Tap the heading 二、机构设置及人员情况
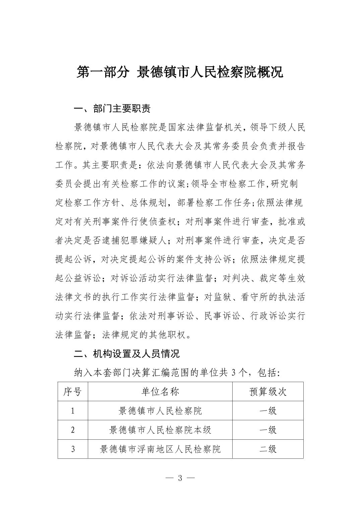click(127, 353)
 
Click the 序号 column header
click(72, 391)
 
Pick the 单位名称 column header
click(160, 391)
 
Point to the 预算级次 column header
click(268, 391)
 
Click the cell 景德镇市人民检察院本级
click(160, 430)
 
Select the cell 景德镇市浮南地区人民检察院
click(160, 449)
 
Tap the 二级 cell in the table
click(268, 449)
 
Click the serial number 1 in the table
click(72, 411)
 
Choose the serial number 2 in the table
click(72, 430)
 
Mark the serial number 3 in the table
click(72, 449)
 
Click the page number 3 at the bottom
click(180, 478)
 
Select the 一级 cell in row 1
click(268, 411)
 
